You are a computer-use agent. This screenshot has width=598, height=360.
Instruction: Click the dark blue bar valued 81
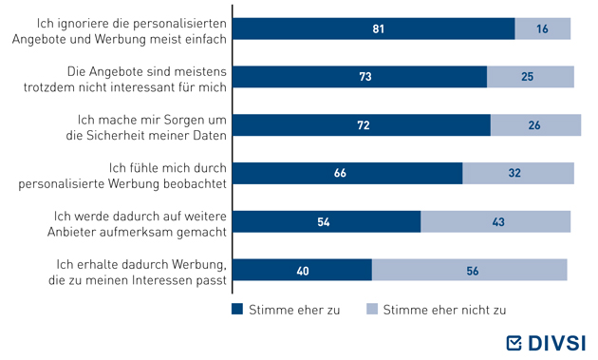pyautogui.click(x=374, y=28)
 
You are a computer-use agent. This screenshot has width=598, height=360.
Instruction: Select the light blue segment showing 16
pyautogui.click(x=543, y=28)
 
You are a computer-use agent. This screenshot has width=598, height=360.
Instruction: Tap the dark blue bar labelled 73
pyautogui.click(x=360, y=77)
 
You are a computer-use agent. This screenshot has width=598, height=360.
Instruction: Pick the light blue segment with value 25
pyautogui.click(x=531, y=77)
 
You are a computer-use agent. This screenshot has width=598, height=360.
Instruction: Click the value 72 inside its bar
pyautogui.click(x=364, y=125)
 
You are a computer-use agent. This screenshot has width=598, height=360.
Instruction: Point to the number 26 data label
pyautogui.click(x=534, y=125)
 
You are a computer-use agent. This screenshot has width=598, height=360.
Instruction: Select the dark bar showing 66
pyautogui.click(x=347, y=173)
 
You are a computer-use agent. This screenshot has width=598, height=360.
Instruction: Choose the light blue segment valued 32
pyautogui.click(x=518, y=173)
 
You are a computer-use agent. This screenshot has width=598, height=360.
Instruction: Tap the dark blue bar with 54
pyautogui.click(x=327, y=221)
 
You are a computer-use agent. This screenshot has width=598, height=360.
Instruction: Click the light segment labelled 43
pyautogui.click(x=495, y=221)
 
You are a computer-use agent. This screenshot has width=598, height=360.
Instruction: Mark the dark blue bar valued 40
pyautogui.click(x=302, y=270)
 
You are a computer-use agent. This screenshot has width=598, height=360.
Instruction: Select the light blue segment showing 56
pyautogui.click(x=470, y=270)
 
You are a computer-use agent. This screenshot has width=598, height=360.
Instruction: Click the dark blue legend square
pyautogui.click(x=237, y=309)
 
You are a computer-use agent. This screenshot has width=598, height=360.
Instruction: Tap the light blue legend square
pyautogui.click(x=372, y=309)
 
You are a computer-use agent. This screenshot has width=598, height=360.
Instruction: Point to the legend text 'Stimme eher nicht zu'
pyautogui.click(x=444, y=310)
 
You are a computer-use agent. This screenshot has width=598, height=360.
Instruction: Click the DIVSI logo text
pyautogui.click(x=557, y=343)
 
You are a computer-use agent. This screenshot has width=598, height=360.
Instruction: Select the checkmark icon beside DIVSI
pyautogui.click(x=514, y=343)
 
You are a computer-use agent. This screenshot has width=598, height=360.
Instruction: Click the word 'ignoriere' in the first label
pyautogui.click(x=84, y=24)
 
